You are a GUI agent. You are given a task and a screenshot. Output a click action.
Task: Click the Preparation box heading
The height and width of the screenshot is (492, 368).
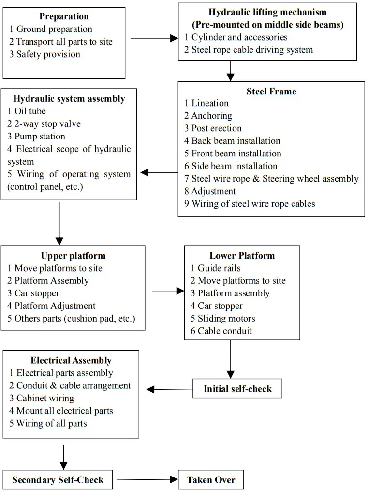[64, 16]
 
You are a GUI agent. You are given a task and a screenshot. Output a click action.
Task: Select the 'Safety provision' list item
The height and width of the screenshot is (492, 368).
[44, 54]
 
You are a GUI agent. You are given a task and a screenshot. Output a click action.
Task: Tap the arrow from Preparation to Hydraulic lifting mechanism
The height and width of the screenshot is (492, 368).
[151, 38]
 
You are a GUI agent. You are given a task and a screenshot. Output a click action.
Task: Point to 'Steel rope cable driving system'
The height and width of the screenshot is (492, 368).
[249, 50]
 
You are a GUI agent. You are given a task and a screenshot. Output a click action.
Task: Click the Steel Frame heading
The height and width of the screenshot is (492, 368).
[271, 91]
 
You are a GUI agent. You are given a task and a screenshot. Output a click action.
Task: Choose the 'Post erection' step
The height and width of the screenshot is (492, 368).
[213, 128]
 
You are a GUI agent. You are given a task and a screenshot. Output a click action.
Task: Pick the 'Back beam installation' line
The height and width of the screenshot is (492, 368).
[232, 141]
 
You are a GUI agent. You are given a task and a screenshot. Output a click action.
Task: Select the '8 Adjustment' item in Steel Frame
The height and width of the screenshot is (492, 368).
[210, 191]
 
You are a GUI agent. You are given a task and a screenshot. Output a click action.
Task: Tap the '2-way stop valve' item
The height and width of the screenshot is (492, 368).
[44, 124]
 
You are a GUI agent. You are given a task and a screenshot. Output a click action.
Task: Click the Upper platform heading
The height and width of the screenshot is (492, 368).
[73, 256]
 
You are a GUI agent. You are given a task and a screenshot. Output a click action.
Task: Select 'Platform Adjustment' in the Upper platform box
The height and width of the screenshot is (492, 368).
[51, 306]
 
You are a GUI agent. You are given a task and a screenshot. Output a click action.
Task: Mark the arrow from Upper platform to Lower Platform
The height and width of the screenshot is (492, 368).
[168, 291]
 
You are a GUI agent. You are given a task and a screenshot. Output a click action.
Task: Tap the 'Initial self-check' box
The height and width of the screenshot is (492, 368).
[237, 389]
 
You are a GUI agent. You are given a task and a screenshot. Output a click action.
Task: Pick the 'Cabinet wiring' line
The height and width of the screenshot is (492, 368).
[42, 399]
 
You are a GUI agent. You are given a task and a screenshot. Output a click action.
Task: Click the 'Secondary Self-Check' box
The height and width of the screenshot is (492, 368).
[58, 480]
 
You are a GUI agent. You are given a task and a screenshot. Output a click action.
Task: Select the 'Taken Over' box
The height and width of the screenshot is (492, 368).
[211, 480]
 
